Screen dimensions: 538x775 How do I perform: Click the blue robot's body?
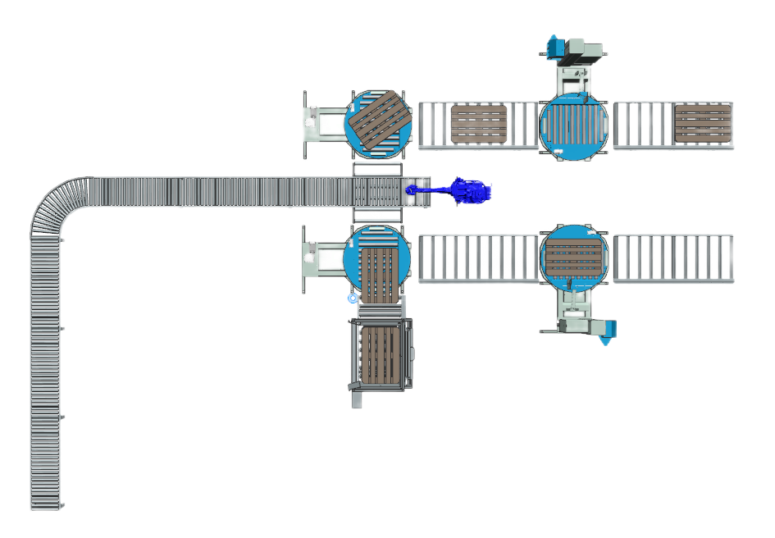473,191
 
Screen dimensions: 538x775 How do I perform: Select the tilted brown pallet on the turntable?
377,123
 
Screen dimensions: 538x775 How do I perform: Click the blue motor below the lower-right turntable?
608,331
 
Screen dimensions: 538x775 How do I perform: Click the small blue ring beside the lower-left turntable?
353,298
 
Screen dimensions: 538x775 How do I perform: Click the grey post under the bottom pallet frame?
357,400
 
